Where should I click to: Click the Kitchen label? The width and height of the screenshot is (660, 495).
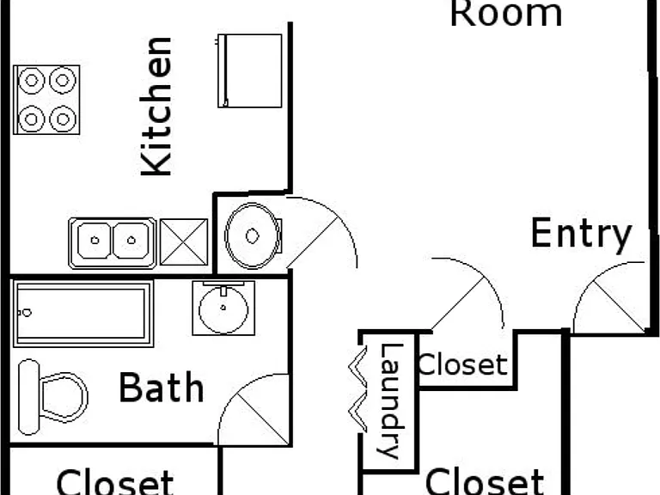(156, 106)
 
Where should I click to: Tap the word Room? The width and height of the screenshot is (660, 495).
(506, 14)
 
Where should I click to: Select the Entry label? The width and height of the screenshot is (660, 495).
(581, 234)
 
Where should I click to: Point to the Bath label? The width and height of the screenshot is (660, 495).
(162, 388)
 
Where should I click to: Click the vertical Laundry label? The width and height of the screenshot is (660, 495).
(391, 400)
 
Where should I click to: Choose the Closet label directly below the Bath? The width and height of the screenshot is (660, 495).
(115, 482)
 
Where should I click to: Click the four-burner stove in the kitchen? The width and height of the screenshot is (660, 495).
(46, 100)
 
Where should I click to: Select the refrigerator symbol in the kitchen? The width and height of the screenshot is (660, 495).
(249, 70)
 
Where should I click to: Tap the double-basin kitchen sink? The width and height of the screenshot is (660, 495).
(113, 243)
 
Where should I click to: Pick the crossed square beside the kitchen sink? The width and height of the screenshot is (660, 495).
(184, 242)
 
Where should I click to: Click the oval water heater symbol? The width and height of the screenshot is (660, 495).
(253, 235)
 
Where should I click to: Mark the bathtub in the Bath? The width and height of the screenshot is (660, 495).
(83, 314)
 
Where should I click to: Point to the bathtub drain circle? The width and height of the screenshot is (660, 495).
(27, 313)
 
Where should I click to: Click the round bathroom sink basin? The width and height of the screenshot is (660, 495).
(223, 309)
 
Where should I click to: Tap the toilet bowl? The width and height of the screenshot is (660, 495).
(64, 397)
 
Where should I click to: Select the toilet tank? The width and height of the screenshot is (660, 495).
(29, 397)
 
